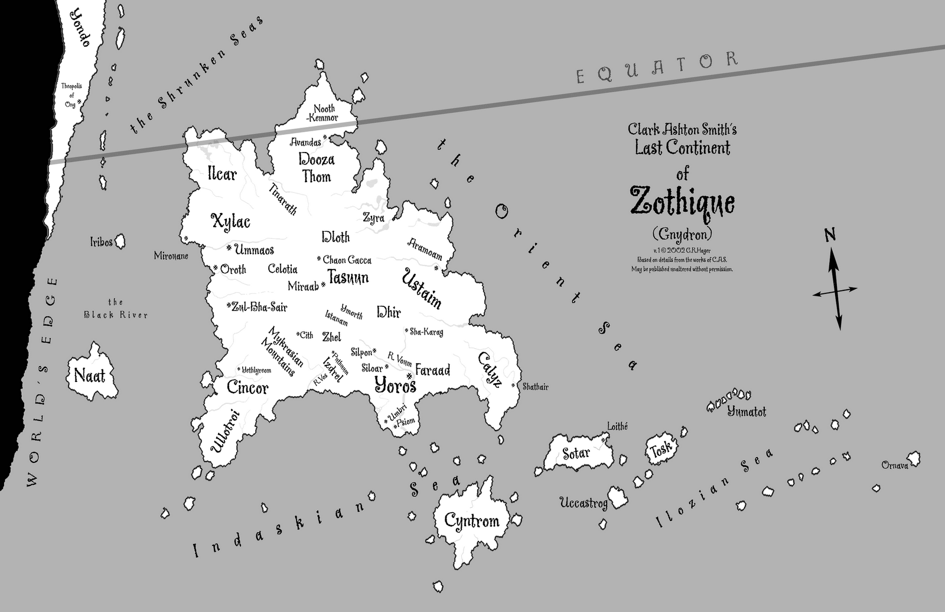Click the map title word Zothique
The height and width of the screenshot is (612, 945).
pyautogui.click(x=682, y=201)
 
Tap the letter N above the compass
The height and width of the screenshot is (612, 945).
pyautogui.click(x=830, y=235)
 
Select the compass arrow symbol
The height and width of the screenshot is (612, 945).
pyautogui.click(x=836, y=290)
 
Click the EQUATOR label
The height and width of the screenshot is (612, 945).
pyautogui.click(x=657, y=67)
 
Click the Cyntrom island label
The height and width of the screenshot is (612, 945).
pyautogui.click(x=471, y=521)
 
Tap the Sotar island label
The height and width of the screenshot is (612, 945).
pyautogui.click(x=576, y=454)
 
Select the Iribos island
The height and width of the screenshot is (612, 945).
pyautogui.click(x=120, y=241)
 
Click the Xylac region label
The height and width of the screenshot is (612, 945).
pyautogui.click(x=230, y=222)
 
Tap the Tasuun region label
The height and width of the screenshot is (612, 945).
pyautogui.click(x=348, y=277)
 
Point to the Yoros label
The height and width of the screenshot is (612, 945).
pyautogui.click(x=396, y=386)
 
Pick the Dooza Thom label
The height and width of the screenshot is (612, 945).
pyautogui.click(x=317, y=168)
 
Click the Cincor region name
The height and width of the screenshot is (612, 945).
pyautogui.click(x=247, y=388)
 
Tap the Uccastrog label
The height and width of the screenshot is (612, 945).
pyautogui.click(x=584, y=503)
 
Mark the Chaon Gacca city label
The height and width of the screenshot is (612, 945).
pyautogui.click(x=347, y=260)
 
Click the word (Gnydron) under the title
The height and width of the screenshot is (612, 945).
pyautogui.click(x=682, y=232)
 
